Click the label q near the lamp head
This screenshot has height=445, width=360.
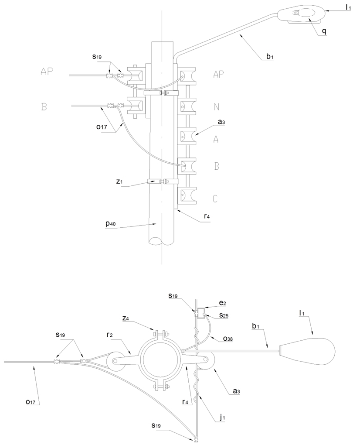point(324,31)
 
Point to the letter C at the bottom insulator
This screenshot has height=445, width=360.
point(215,199)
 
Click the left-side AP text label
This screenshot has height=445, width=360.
point(47,72)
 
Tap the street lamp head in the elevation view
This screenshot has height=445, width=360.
point(301,14)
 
